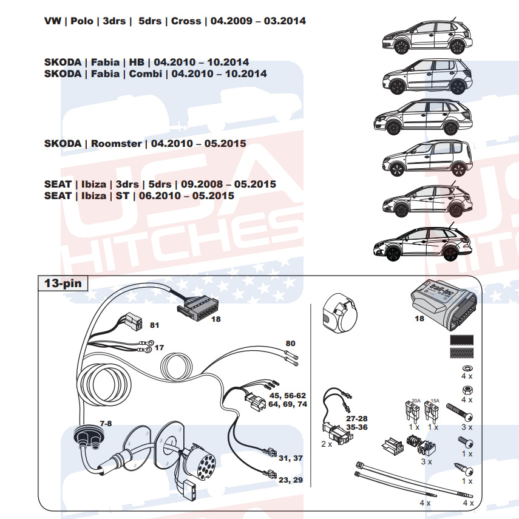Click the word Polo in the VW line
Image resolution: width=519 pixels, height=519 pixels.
point(82,21)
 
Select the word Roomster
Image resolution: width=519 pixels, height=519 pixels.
point(116,144)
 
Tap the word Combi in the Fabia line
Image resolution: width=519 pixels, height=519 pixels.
point(145,73)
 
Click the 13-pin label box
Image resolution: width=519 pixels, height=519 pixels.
point(63,283)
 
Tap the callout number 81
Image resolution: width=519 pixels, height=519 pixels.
point(155,325)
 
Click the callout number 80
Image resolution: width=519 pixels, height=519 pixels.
point(290,344)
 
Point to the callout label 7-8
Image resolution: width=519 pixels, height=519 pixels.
point(106,423)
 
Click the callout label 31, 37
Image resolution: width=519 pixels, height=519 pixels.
point(291,458)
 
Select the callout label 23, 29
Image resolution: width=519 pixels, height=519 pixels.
point(291,480)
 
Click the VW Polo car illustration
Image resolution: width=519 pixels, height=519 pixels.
point(427,37)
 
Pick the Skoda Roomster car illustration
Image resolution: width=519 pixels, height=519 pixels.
point(427,158)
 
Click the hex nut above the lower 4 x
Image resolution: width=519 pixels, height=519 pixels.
point(467,390)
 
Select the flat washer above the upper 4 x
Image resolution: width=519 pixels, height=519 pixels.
point(467,368)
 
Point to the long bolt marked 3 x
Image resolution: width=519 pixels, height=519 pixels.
point(460,412)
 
